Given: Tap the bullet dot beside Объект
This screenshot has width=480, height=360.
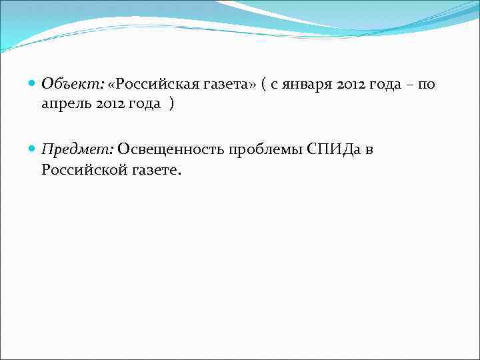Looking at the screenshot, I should click(33, 85).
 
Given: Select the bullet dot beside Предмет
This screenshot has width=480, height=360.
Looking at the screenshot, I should click(33, 149).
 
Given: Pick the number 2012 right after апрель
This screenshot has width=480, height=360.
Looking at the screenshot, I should click(111, 105).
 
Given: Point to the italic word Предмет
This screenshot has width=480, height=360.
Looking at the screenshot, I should click(77, 149).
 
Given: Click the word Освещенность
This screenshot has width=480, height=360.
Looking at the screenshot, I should click(171, 149).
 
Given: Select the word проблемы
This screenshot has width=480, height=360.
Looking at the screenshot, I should click(265, 149).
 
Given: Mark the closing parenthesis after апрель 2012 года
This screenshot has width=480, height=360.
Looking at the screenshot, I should click(172, 105).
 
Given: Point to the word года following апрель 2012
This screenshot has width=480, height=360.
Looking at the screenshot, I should click(147, 105).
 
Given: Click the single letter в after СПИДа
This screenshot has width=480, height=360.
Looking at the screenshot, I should click(369, 149).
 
